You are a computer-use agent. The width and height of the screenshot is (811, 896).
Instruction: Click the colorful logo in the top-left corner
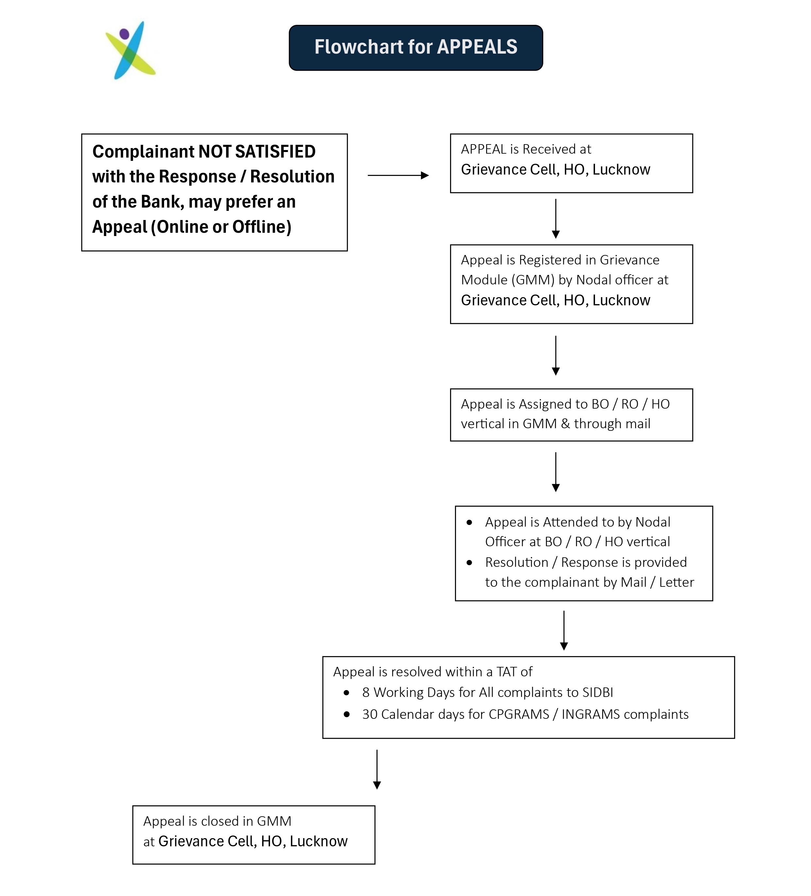(x=130, y=50)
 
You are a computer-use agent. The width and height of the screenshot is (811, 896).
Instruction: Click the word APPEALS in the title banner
(x=477, y=47)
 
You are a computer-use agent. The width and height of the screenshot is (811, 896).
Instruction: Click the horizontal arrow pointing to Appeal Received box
(x=398, y=176)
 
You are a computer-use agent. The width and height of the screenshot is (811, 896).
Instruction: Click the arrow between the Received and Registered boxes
(x=555, y=219)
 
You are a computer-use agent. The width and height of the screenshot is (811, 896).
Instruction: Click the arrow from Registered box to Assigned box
(x=555, y=356)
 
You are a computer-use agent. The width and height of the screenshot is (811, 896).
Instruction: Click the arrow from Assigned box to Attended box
(x=555, y=472)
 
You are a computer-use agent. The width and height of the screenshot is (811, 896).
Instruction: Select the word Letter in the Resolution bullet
(x=676, y=582)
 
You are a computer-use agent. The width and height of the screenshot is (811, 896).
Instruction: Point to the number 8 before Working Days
(x=366, y=692)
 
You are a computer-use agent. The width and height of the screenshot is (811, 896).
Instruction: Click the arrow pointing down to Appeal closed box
(x=377, y=770)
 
